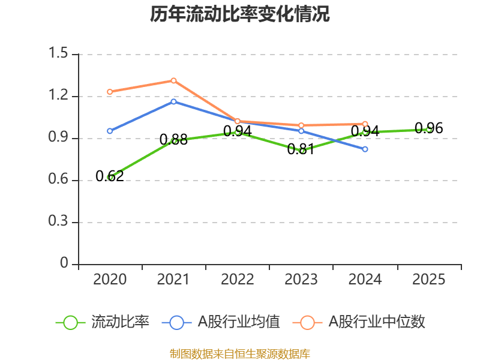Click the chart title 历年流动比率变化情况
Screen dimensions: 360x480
tap(240, 14)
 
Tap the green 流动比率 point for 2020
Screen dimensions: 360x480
tap(110, 178)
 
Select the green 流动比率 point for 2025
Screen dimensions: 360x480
tap(429, 130)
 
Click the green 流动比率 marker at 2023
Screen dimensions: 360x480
tap(301, 151)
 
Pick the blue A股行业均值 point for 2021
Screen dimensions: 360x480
tap(173, 101)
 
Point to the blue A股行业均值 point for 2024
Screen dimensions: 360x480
tap(365, 149)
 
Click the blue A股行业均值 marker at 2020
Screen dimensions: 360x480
tap(110, 131)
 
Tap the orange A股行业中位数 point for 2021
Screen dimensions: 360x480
tap(173, 80)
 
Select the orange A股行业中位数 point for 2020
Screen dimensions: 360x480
tap(110, 92)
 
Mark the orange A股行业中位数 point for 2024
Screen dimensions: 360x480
tap(365, 124)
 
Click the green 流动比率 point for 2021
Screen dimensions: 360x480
tap(173, 141)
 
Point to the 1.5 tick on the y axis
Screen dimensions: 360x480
tap(60, 54)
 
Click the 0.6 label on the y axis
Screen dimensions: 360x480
tap(60, 180)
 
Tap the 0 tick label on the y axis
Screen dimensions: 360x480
tap(65, 264)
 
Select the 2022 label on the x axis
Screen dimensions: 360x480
tap(238, 279)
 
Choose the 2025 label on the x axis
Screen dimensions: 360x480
tap(429, 279)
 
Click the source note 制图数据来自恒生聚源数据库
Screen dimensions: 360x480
tap(240, 353)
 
